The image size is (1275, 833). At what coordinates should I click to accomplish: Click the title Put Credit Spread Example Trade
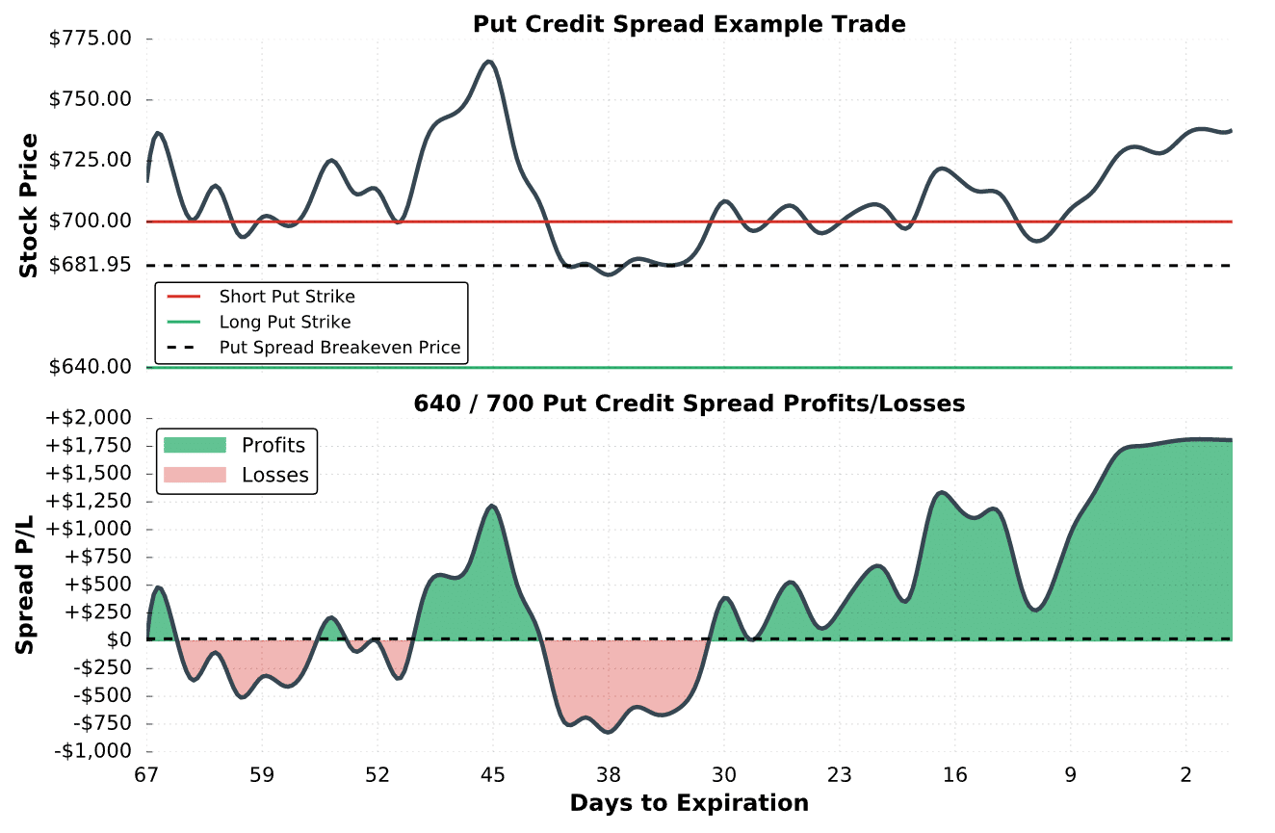pos(689,24)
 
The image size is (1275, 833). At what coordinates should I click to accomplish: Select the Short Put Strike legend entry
pos(287,297)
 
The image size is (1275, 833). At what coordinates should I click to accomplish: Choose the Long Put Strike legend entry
pos(285,322)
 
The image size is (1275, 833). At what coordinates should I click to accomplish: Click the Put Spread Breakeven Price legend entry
pos(340,347)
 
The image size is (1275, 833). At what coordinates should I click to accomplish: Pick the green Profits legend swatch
pos(195,445)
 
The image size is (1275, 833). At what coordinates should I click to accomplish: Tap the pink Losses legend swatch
pos(195,475)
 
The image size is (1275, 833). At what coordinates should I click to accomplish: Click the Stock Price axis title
pos(29,206)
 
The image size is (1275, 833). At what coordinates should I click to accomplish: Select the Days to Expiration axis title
pos(689,803)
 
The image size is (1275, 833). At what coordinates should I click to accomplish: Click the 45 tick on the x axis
pos(493,775)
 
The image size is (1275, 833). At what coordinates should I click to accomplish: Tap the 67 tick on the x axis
pos(146,775)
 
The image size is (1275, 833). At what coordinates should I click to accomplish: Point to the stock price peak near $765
pos(489,62)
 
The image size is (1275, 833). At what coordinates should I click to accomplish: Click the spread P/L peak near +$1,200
pos(492,506)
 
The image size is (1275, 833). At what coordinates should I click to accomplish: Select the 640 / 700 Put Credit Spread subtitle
pos(689,403)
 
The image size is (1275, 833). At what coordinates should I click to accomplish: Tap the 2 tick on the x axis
pos(1186,775)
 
